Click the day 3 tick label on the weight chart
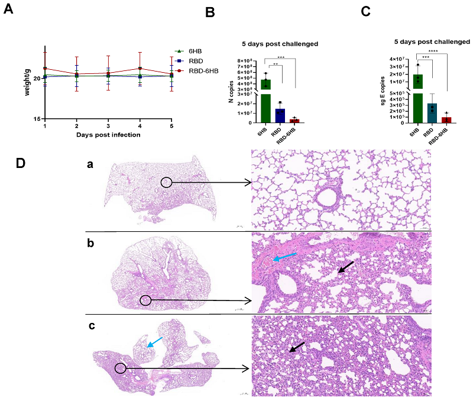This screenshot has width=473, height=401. [108, 127]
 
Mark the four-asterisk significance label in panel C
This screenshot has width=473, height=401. [433, 51]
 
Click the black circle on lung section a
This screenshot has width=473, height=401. [167, 183]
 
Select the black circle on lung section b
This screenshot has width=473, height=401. [145, 300]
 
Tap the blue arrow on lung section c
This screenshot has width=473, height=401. [155, 341]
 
